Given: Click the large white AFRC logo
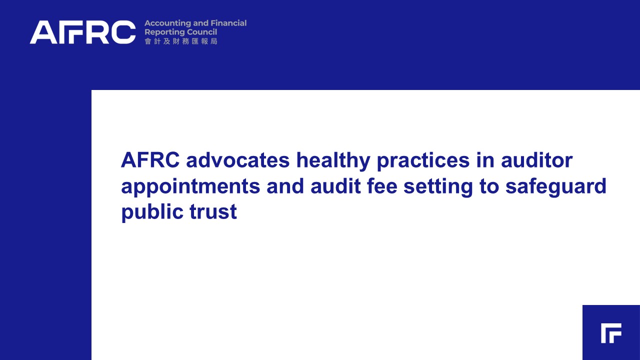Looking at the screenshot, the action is pos(83,32).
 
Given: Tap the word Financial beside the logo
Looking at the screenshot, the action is pos(228,23).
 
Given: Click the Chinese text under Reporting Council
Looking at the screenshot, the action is pos(181,41).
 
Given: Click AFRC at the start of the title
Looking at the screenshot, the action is pos(150,160).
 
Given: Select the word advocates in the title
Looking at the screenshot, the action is pos(237,160).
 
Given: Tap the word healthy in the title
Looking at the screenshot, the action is pos(333,161).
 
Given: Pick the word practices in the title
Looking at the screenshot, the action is pos(423,161).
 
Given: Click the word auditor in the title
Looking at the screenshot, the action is pos(537,160).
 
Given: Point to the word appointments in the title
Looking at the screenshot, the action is pos(190,187).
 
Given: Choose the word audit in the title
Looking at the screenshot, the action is pos(335,185).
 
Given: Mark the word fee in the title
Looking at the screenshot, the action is pos(382,185).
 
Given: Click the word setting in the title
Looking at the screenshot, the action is pos(438,187).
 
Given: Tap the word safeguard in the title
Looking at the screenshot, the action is pos(555,187).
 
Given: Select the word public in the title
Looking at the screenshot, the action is pos(152,213).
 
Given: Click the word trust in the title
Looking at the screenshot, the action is pos(213,212).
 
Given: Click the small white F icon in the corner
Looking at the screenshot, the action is pos(611,333).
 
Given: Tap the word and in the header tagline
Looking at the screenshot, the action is pos(200,23).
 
